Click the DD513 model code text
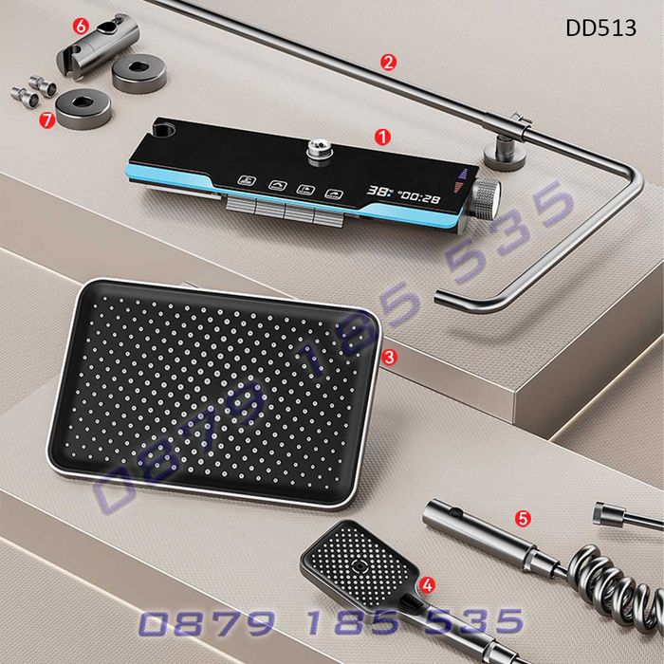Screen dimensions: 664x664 tap(600, 28)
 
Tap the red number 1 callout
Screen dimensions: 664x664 tap(382, 138)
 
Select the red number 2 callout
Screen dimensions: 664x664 tap(389, 63)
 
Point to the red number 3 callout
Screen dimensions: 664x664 tap(389, 358)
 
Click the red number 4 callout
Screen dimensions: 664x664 tap(427, 585)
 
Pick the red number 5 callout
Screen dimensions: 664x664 tap(523, 518)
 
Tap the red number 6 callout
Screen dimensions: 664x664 tap(81, 28)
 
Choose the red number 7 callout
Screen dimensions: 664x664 tap(47, 120)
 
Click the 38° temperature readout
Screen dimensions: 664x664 tap(379, 192)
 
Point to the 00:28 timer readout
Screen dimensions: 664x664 tap(419, 197)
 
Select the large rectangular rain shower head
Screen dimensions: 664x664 tap(214, 393)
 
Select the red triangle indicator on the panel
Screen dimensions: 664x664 tap(458, 187)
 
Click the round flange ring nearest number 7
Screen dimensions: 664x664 tap(83, 110)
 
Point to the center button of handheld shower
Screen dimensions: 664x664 tap(360, 565)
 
